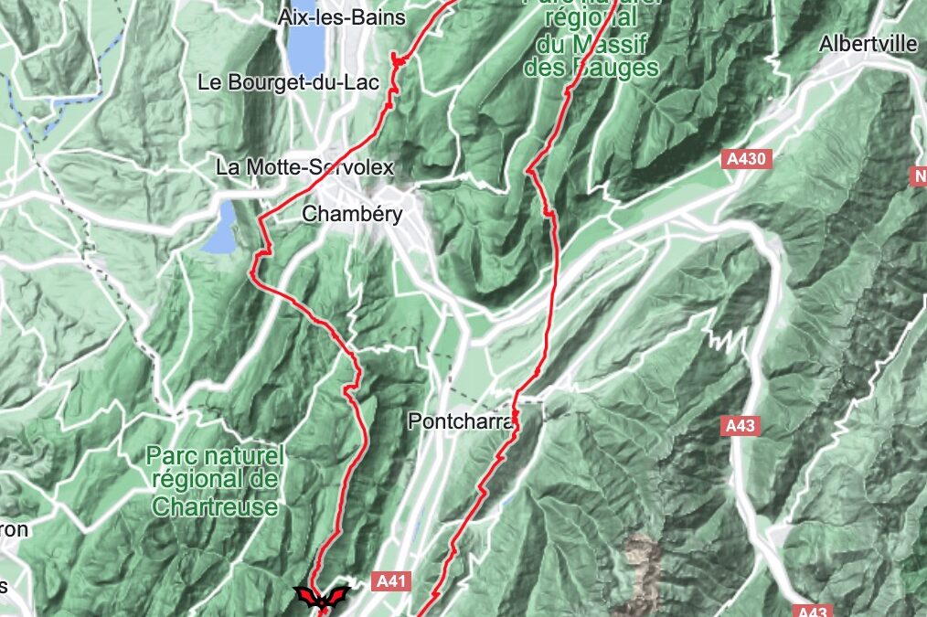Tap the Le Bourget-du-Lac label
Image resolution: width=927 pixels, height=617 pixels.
(275, 82)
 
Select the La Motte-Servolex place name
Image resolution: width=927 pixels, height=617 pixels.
(304, 167)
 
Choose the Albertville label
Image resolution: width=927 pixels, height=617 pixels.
(868, 44)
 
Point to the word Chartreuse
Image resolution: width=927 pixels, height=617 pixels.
(215, 506)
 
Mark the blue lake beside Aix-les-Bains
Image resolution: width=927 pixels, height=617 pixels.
(302, 48)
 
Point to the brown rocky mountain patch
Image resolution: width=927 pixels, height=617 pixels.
(642, 558)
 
